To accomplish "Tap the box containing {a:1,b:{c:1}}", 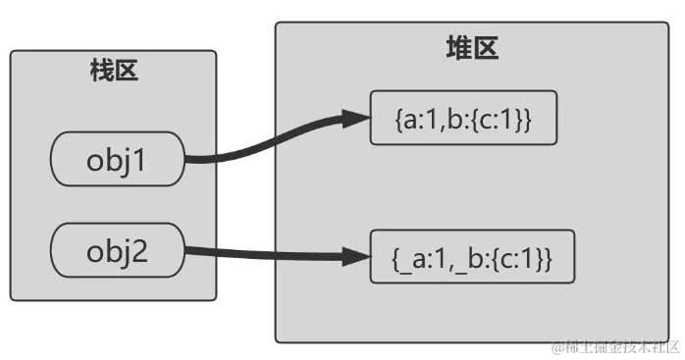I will click(463, 119).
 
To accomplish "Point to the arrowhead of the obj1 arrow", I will click(353, 120).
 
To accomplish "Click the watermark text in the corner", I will click(612, 347).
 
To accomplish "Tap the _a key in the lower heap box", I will click(410, 258).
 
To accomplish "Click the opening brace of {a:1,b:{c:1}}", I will click(395, 120).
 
